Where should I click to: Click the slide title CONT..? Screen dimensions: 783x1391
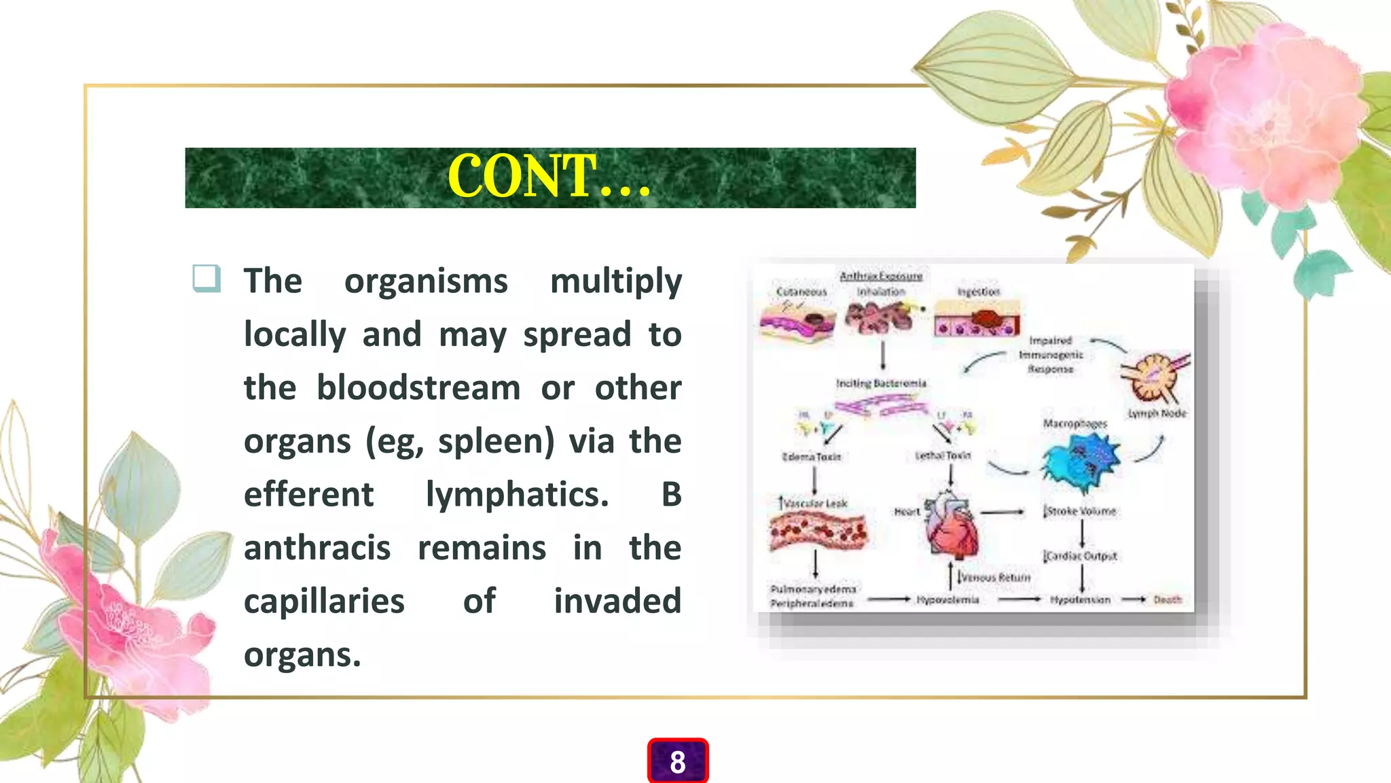(x=549, y=177)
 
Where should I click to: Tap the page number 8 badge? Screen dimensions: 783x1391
(x=677, y=762)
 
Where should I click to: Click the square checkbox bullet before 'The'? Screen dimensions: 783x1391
(x=206, y=279)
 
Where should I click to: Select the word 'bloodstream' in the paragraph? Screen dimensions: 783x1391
(x=418, y=388)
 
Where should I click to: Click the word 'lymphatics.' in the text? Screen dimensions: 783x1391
(x=517, y=495)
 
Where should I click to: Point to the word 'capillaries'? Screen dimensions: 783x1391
(x=324, y=602)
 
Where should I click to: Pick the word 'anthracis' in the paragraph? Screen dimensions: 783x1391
(x=317, y=549)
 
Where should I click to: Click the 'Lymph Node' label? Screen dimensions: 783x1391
(x=1157, y=413)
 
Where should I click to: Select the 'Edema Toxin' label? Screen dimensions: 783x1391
(x=811, y=457)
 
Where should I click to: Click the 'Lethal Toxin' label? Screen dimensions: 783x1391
(x=943, y=455)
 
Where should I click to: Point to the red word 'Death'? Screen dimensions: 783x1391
(x=1167, y=599)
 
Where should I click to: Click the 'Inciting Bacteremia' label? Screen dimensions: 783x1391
(x=881, y=383)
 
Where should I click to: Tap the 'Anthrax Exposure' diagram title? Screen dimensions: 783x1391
(x=881, y=276)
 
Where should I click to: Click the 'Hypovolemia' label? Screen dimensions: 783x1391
(x=947, y=599)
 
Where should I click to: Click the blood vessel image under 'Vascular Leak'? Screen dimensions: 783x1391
(x=818, y=532)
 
